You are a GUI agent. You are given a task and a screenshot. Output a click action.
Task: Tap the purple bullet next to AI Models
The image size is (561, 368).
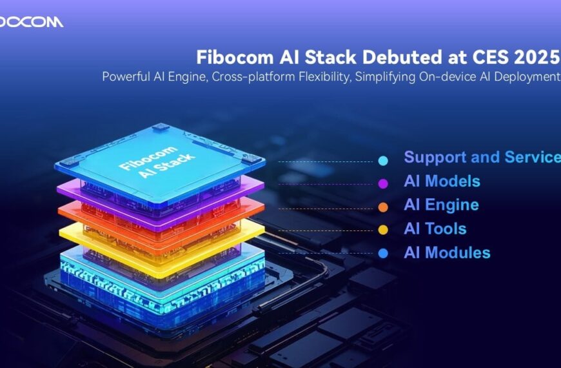[x=384, y=183]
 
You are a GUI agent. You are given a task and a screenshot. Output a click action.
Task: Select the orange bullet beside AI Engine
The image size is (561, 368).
[x=384, y=207]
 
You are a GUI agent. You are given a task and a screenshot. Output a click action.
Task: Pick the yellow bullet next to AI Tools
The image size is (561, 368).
[x=384, y=230]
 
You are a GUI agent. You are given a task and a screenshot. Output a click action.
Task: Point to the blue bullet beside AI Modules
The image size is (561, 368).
[x=384, y=254]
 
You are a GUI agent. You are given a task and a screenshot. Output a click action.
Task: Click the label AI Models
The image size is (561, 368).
[x=442, y=181]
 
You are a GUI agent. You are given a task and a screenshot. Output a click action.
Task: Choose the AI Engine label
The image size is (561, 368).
[x=441, y=205]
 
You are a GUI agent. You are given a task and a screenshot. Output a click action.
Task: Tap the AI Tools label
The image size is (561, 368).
[x=435, y=229]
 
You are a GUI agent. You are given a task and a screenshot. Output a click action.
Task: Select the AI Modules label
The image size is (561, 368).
[x=447, y=253]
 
